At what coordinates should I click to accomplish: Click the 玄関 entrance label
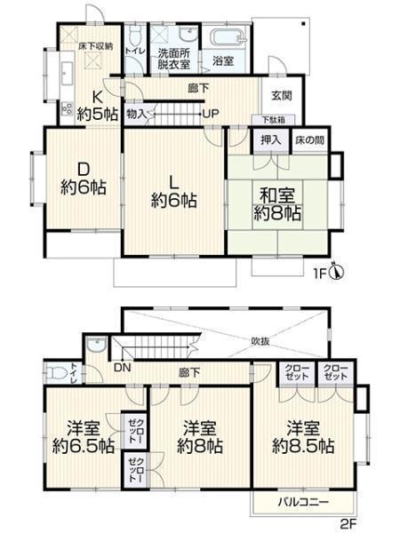[x=282, y=96]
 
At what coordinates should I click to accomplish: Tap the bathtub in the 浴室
[x=228, y=39]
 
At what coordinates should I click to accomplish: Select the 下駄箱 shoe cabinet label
[x=274, y=120]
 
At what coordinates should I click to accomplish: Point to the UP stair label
[x=211, y=114]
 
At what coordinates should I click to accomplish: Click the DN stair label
[x=123, y=368]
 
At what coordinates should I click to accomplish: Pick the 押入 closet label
[x=271, y=140]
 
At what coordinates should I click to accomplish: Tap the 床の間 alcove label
[x=310, y=140]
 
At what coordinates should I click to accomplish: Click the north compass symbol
[x=338, y=272]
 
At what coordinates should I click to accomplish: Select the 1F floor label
[x=320, y=274]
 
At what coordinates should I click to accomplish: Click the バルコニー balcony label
[x=304, y=502]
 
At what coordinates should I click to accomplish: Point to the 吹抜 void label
[x=260, y=341]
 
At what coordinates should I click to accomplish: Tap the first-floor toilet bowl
[x=136, y=36]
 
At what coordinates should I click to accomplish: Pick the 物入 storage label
[x=136, y=114]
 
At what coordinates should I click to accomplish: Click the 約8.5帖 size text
[x=303, y=446]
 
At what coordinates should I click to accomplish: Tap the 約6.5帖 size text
[x=84, y=446]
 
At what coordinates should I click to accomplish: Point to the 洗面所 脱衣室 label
[x=174, y=59]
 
